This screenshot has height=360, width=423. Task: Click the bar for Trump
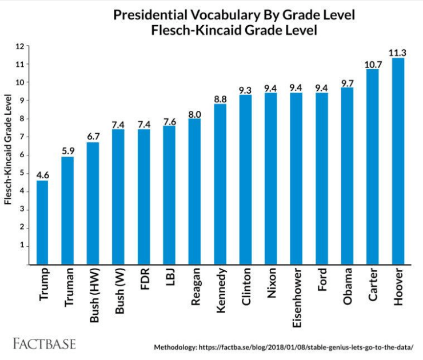pyautogui.click(x=42, y=223)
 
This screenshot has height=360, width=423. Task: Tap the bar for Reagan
pyautogui.click(x=194, y=191)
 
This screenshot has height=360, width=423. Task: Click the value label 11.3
pyautogui.click(x=397, y=52)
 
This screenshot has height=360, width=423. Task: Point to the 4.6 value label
pyautogui.click(x=42, y=174)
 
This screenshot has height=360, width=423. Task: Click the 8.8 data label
pyautogui.click(x=220, y=98)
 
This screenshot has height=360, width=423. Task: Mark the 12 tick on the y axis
pyautogui.click(x=21, y=46)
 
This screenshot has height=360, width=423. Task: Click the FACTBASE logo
pyautogui.click(x=44, y=344)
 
